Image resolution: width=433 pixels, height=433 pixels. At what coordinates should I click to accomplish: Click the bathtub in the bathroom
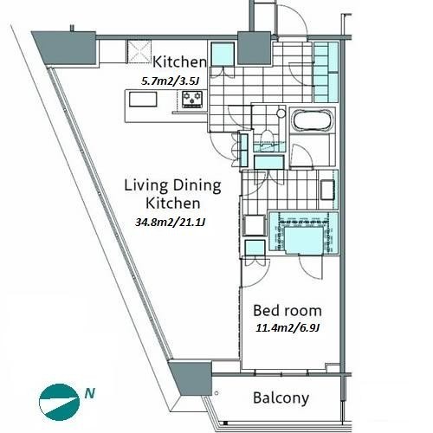(x=313, y=120)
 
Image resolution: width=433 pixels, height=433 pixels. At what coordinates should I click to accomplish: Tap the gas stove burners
(x=192, y=99)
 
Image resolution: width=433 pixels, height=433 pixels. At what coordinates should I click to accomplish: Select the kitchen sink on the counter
(x=143, y=100)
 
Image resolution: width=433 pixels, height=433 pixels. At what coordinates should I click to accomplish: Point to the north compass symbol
(x=60, y=402)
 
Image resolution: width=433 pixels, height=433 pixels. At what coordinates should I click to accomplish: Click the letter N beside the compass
(x=90, y=393)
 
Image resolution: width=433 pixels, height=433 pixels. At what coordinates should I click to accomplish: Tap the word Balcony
(x=281, y=398)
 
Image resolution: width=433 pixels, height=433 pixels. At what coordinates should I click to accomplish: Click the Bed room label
(x=288, y=311)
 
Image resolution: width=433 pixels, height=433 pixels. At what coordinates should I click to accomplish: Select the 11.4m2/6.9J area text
(x=288, y=328)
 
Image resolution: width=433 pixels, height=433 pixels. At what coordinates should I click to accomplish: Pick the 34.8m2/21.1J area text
(x=171, y=222)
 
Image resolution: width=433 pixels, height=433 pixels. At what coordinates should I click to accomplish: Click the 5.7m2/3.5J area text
(x=170, y=81)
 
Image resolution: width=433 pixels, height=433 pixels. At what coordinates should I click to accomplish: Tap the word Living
(x=145, y=186)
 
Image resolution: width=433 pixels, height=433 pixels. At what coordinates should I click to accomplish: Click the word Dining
(x=197, y=186)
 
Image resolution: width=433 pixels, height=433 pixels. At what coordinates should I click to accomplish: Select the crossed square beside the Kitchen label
(x=139, y=51)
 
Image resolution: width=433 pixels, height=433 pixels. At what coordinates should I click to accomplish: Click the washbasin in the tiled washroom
(x=327, y=190)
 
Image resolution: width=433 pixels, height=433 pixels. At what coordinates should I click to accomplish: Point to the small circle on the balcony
(x=216, y=393)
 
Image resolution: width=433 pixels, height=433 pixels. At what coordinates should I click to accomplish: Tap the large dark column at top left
(x=66, y=48)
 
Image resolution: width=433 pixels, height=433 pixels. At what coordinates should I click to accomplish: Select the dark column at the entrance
(x=254, y=48)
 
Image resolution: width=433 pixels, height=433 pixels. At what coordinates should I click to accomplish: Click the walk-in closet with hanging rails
(x=303, y=233)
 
